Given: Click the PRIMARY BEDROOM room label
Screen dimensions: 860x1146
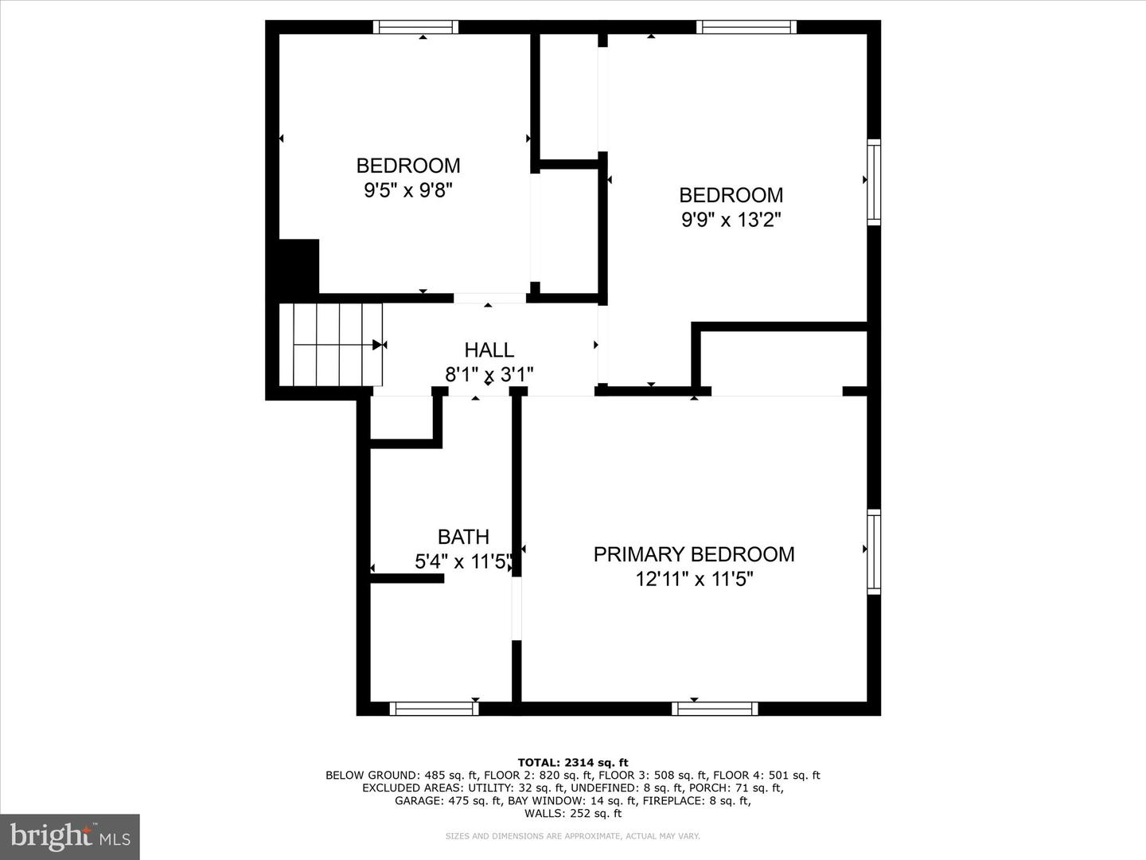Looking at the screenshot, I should tap(693, 554).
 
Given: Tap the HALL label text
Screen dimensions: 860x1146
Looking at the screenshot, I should tap(489, 350).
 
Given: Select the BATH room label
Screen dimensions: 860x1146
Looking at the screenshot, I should tap(463, 537).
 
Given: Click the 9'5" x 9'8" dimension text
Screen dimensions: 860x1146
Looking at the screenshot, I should tap(408, 190).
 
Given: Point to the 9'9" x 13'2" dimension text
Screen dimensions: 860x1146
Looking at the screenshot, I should tap(731, 220).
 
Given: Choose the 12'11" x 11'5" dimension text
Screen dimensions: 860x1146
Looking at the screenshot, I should tap(694, 579).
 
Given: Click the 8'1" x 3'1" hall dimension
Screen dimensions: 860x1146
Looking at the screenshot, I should tap(489, 373).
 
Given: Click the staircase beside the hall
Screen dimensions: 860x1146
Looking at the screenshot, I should tap(331, 344).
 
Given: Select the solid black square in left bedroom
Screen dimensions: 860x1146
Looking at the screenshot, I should tap(298, 267).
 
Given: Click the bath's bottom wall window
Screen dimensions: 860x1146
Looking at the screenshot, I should tap(434, 708).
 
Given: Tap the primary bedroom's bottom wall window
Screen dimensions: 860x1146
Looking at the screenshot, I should tap(715, 708).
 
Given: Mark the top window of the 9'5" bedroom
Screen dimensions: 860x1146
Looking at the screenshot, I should tap(416, 27).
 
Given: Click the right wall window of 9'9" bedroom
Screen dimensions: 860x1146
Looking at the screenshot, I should tap(874, 182).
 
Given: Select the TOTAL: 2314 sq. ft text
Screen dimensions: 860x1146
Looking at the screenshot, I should tap(572, 763).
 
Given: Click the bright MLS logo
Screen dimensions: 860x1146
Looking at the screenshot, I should tap(69, 836).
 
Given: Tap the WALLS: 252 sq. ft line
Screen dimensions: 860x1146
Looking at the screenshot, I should tap(572, 814).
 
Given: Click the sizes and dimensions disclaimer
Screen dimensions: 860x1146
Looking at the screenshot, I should tap(572, 836).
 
